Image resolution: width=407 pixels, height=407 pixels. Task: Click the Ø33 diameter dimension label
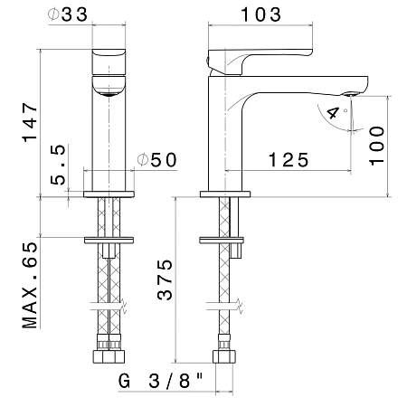coord(68,14)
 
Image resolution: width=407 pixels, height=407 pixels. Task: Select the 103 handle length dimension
coord(261,14)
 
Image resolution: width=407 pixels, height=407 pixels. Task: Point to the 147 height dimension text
coord(30,122)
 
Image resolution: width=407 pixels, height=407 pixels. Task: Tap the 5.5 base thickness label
coord(58,165)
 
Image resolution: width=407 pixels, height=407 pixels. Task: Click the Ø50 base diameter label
coord(156,160)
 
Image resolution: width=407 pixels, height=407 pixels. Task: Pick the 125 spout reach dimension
coord(289,160)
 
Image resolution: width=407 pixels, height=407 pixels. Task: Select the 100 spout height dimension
coord(377,146)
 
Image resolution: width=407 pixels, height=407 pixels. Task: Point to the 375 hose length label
coord(165,279)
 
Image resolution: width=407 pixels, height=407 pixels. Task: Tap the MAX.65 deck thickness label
coord(30,285)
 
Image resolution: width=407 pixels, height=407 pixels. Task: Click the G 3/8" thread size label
coord(160,381)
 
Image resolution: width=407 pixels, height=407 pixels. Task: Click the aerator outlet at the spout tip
coord(350,94)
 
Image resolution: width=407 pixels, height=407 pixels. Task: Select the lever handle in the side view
coord(260,62)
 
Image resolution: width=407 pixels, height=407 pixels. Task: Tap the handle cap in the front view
coord(109,62)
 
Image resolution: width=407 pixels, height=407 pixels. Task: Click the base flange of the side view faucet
coord(225,194)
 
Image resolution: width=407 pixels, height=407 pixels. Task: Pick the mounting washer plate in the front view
coord(109,241)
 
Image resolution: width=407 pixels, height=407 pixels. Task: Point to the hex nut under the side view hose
coord(224,356)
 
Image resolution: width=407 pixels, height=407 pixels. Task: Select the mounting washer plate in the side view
coord(222,241)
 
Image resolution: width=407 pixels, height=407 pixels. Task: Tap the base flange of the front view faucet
coord(109,194)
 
